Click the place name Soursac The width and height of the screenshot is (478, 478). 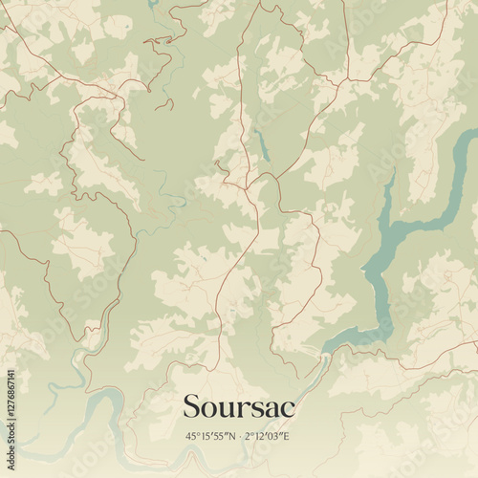point(239,406)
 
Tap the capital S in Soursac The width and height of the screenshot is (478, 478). point(192,406)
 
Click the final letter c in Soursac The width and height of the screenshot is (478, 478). point(288,408)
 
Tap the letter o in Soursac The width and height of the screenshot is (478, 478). point(211,408)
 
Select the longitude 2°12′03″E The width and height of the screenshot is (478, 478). point(270,436)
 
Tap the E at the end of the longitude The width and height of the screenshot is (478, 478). point(289,436)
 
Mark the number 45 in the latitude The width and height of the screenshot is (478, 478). point(191,436)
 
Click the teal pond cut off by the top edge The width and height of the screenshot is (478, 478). point(153,5)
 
